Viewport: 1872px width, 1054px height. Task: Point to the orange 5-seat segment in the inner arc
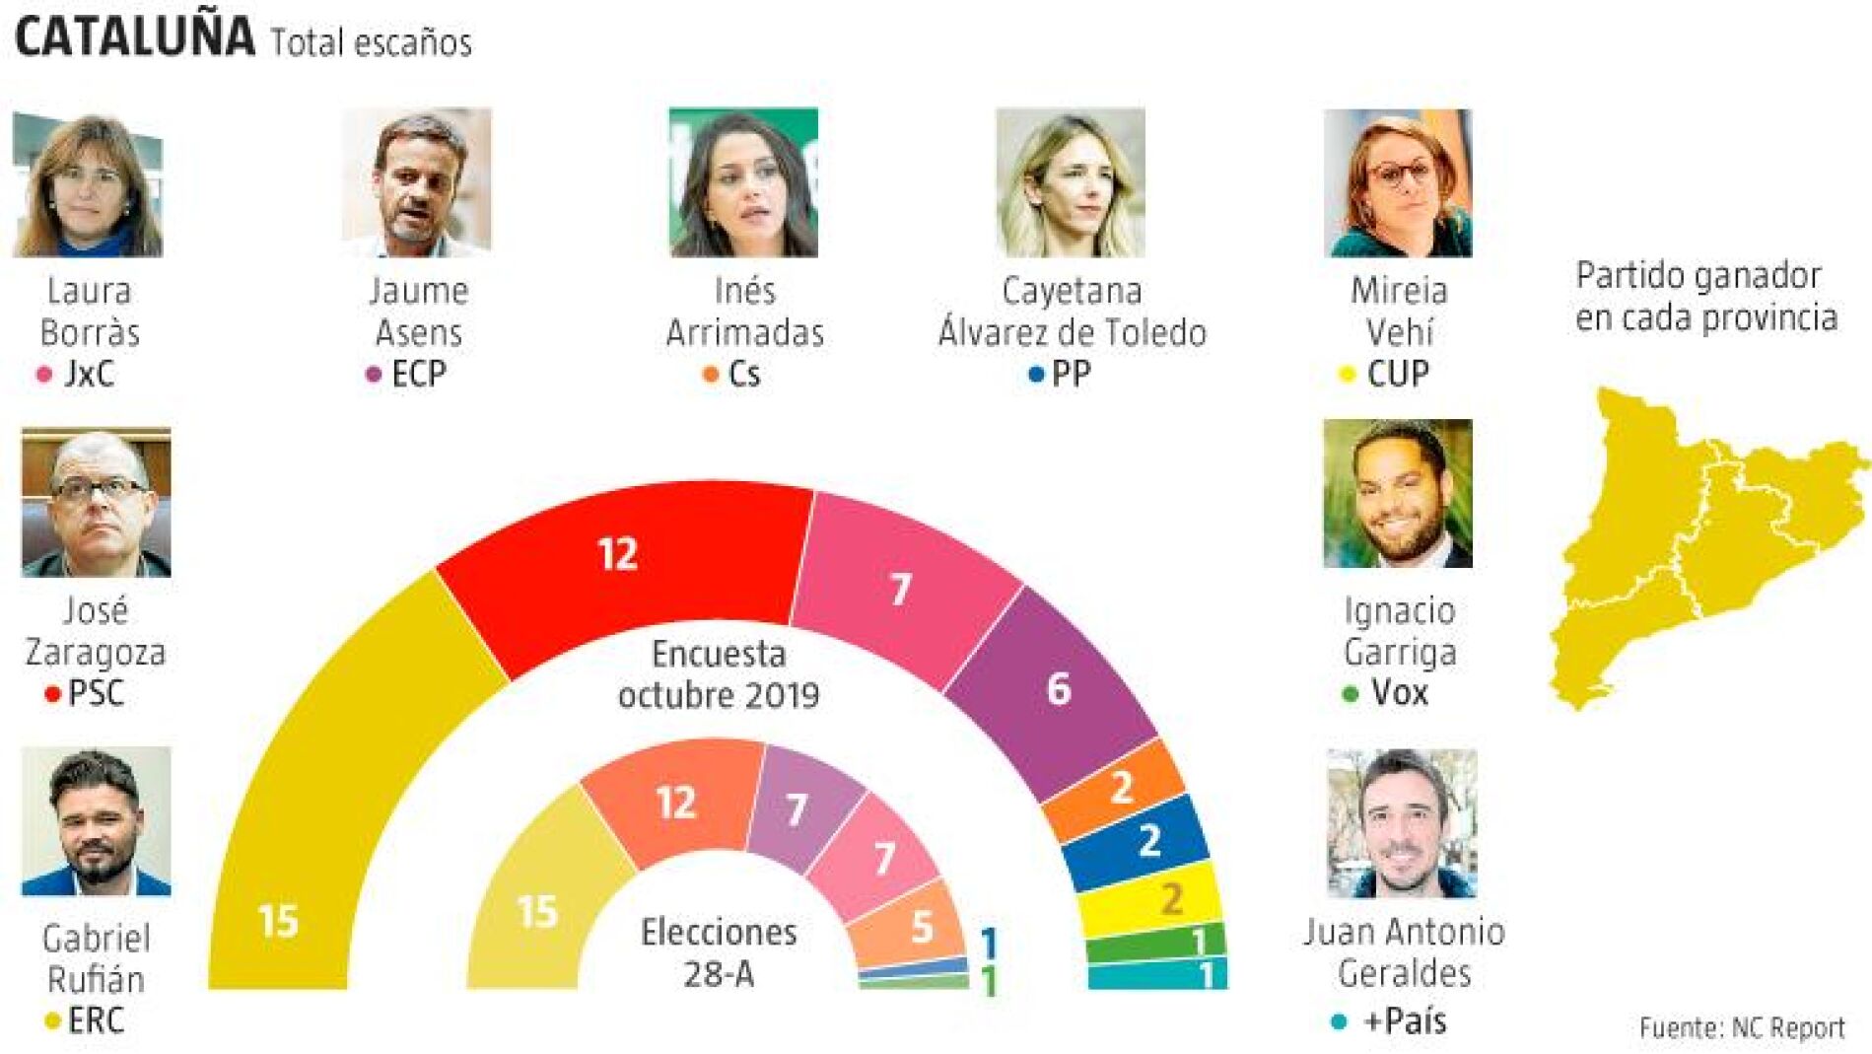click(x=912, y=927)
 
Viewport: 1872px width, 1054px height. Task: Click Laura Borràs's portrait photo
click(x=88, y=183)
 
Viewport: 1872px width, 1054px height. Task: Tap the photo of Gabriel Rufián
click(x=96, y=821)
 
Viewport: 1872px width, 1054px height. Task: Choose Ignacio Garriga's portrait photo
click(x=1397, y=493)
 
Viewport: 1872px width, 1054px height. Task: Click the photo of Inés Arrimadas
click(x=743, y=182)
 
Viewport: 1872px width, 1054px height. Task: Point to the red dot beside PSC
click(x=53, y=695)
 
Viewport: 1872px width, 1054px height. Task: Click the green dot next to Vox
click(x=1351, y=695)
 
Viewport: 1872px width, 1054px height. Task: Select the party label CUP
click(x=1398, y=375)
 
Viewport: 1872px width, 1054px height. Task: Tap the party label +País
click(x=1405, y=1021)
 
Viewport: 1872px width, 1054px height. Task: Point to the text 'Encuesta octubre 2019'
click(x=719, y=674)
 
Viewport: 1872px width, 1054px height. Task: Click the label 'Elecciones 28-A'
click(x=719, y=952)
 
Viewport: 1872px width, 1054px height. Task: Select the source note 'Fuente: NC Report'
click(x=1742, y=1028)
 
